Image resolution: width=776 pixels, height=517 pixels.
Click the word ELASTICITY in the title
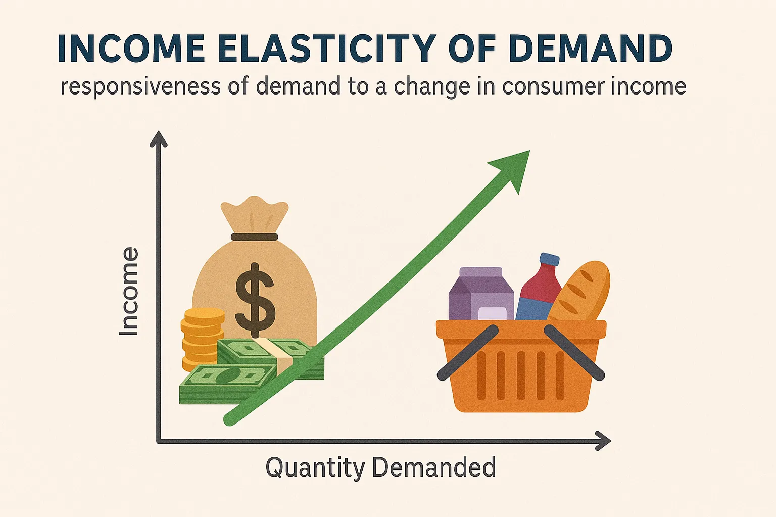327,49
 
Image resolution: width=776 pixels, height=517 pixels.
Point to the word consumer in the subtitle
553,87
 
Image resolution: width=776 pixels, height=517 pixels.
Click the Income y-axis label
129,291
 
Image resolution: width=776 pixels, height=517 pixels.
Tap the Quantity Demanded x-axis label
380,467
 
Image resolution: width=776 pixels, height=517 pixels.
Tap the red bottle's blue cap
549,260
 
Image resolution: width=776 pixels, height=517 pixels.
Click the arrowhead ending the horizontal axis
603,441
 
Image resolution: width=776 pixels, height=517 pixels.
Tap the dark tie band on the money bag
255,237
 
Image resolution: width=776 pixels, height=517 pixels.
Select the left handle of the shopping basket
468,352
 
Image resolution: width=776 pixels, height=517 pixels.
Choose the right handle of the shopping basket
574,352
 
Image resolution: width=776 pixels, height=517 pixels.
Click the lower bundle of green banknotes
227,384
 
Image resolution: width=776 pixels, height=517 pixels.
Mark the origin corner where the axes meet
159,441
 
